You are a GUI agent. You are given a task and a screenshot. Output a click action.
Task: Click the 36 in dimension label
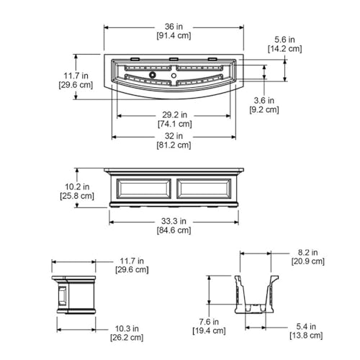tap(174, 27)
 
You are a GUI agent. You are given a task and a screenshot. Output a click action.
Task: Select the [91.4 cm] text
tap(174, 36)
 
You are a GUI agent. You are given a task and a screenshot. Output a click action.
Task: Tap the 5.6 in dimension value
tap(284, 40)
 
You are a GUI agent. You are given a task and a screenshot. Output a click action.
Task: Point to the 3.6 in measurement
tap(264, 100)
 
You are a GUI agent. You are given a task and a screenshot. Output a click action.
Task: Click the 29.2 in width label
tap(174, 114)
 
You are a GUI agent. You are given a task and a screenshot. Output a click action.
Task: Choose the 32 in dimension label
tap(174, 136)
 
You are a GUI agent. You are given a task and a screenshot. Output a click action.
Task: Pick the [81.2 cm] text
tap(174, 145)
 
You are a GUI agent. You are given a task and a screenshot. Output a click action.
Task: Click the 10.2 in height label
tap(77, 186)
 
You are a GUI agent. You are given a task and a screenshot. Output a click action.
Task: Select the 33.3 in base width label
tap(174, 221)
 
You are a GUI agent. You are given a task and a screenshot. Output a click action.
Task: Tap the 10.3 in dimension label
tap(127, 328)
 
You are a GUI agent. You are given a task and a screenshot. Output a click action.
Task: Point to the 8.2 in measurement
tap(308, 252)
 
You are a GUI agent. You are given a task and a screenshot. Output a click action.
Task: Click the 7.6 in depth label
tap(209, 321)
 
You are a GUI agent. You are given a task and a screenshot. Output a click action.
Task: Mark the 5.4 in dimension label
tap(306, 326)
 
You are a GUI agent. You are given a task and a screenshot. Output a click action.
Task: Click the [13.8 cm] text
tap(306, 336)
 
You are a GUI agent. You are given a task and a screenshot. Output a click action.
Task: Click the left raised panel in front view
tap(144, 189)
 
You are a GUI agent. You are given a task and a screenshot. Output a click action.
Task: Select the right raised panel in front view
tap(204, 189)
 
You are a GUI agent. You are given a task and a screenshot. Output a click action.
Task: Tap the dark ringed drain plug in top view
tap(152, 75)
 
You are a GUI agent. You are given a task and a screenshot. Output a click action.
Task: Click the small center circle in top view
tap(174, 76)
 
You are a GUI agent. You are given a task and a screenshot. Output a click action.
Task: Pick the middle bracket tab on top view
tap(174, 59)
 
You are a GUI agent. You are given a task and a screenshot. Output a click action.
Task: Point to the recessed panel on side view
tap(62, 296)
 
